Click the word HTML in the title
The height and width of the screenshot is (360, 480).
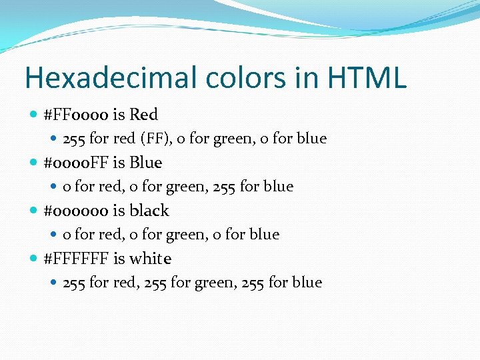point(365,78)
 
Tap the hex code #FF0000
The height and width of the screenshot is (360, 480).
point(76,115)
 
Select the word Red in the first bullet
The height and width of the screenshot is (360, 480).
point(143,115)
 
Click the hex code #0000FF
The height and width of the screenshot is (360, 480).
point(76,163)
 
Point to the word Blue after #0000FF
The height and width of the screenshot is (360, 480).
point(146,163)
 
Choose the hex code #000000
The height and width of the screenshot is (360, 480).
point(76,211)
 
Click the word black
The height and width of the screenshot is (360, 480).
point(149,211)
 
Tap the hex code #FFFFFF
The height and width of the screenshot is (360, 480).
point(76,259)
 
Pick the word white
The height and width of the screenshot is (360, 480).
point(151,259)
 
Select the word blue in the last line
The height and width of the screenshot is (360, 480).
point(307,283)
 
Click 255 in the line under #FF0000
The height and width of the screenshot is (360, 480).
point(74,139)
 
